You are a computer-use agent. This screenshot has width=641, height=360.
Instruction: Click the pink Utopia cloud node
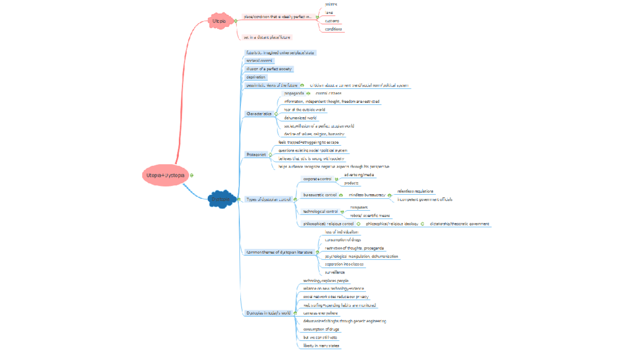coord(219,21)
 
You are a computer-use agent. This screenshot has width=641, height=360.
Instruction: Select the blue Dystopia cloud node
coord(221,199)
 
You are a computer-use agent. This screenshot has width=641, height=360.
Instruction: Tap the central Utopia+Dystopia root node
coord(165,175)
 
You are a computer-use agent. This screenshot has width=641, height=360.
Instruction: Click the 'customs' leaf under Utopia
coord(332,21)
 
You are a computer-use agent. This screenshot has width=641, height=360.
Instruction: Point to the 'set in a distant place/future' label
coord(266,37)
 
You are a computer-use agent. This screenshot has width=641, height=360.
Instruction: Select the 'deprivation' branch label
coord(256,77)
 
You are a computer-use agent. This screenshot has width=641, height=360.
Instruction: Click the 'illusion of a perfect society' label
coord(269,69)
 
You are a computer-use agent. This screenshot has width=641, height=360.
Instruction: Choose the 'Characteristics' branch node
coord(259,114)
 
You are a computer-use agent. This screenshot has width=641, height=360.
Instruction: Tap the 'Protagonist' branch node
coord(256,155)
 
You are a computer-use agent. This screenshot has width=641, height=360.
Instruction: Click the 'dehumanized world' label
coord(300,118)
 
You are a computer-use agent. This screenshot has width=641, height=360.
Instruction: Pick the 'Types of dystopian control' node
coord(268,199)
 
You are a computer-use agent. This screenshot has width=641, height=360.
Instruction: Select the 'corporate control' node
coord(317,179)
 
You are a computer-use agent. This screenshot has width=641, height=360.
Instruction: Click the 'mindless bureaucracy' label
coord(367,195)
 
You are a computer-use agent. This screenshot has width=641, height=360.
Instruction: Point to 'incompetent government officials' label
coord(425,199)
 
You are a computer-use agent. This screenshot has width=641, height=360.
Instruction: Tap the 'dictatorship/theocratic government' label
coord(459,224)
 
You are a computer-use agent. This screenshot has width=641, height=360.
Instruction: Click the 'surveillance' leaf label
coord(335,272)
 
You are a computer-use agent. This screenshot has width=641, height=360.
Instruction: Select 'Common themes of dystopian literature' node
coord(279,252)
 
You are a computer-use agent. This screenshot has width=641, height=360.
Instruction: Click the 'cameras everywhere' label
coord(320,313)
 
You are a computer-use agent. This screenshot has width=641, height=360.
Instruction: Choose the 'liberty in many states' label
coord(321,345)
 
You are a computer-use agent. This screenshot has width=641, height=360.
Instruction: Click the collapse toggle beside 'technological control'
coord(342,212)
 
